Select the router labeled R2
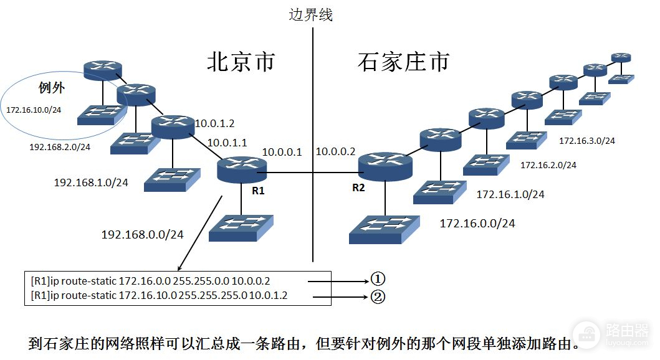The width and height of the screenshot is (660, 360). [x=385, y=166]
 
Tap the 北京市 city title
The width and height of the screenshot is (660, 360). [x=241, y=62]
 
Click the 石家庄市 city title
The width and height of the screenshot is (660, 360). [x=404, y=62]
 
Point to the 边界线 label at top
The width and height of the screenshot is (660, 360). [x=310, y=14]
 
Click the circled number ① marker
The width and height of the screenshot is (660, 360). [x=378, y=280]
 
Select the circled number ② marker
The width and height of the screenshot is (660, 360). [x=378, y=296]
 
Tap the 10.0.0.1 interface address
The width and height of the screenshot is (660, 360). [x=282, y=152]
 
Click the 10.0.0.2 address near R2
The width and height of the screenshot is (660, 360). [x=335, y=152]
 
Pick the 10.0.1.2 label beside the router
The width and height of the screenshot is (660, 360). [x=216, y=123]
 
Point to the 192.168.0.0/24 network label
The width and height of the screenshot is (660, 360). [x=142, y=235]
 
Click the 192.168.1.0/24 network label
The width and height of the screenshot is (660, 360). [x=91, y=182]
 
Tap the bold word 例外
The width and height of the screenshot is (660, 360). [x=52, y=88]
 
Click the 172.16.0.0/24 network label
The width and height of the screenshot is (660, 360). [x=477, y=223]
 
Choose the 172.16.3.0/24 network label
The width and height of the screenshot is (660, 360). [x=586, y=141]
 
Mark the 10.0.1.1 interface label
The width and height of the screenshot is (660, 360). [x=227, y=143]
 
